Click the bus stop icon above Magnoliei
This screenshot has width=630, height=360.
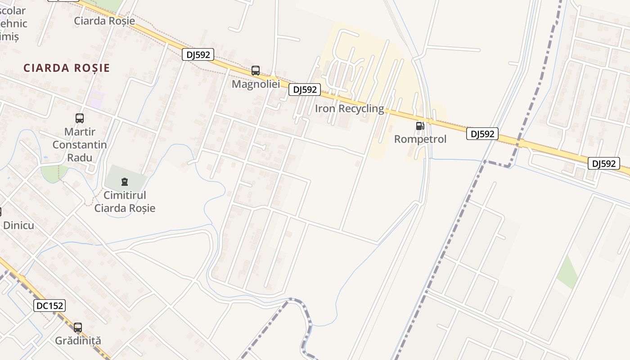(256, 71)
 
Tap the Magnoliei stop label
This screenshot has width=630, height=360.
(256, 84)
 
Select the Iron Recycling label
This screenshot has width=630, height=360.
(350, 108)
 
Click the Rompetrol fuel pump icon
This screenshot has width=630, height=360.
(420, 126)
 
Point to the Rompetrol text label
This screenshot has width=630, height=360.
(420, 139)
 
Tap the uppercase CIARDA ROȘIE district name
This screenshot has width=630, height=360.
(67, 68)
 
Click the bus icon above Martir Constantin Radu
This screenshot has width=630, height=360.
(80, 118)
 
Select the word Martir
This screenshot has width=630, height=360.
(80, 132)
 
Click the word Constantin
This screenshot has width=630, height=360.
(80, 144)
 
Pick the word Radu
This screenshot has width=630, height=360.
(80, 157)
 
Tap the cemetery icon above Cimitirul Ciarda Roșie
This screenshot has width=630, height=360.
(125, 182)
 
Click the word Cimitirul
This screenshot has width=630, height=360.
(125, 195)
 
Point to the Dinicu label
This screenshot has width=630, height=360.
(18, 225)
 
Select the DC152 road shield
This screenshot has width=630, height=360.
(49, 306)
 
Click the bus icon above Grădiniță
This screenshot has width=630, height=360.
(78, 328)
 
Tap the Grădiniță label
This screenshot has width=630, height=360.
(78, 341)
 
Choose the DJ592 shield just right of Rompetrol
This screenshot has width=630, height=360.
(482, 134)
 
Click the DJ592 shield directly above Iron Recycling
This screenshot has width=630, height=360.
(305, 90)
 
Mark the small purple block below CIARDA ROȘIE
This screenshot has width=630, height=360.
(97, 99)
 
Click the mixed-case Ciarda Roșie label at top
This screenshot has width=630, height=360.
(104, 21)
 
